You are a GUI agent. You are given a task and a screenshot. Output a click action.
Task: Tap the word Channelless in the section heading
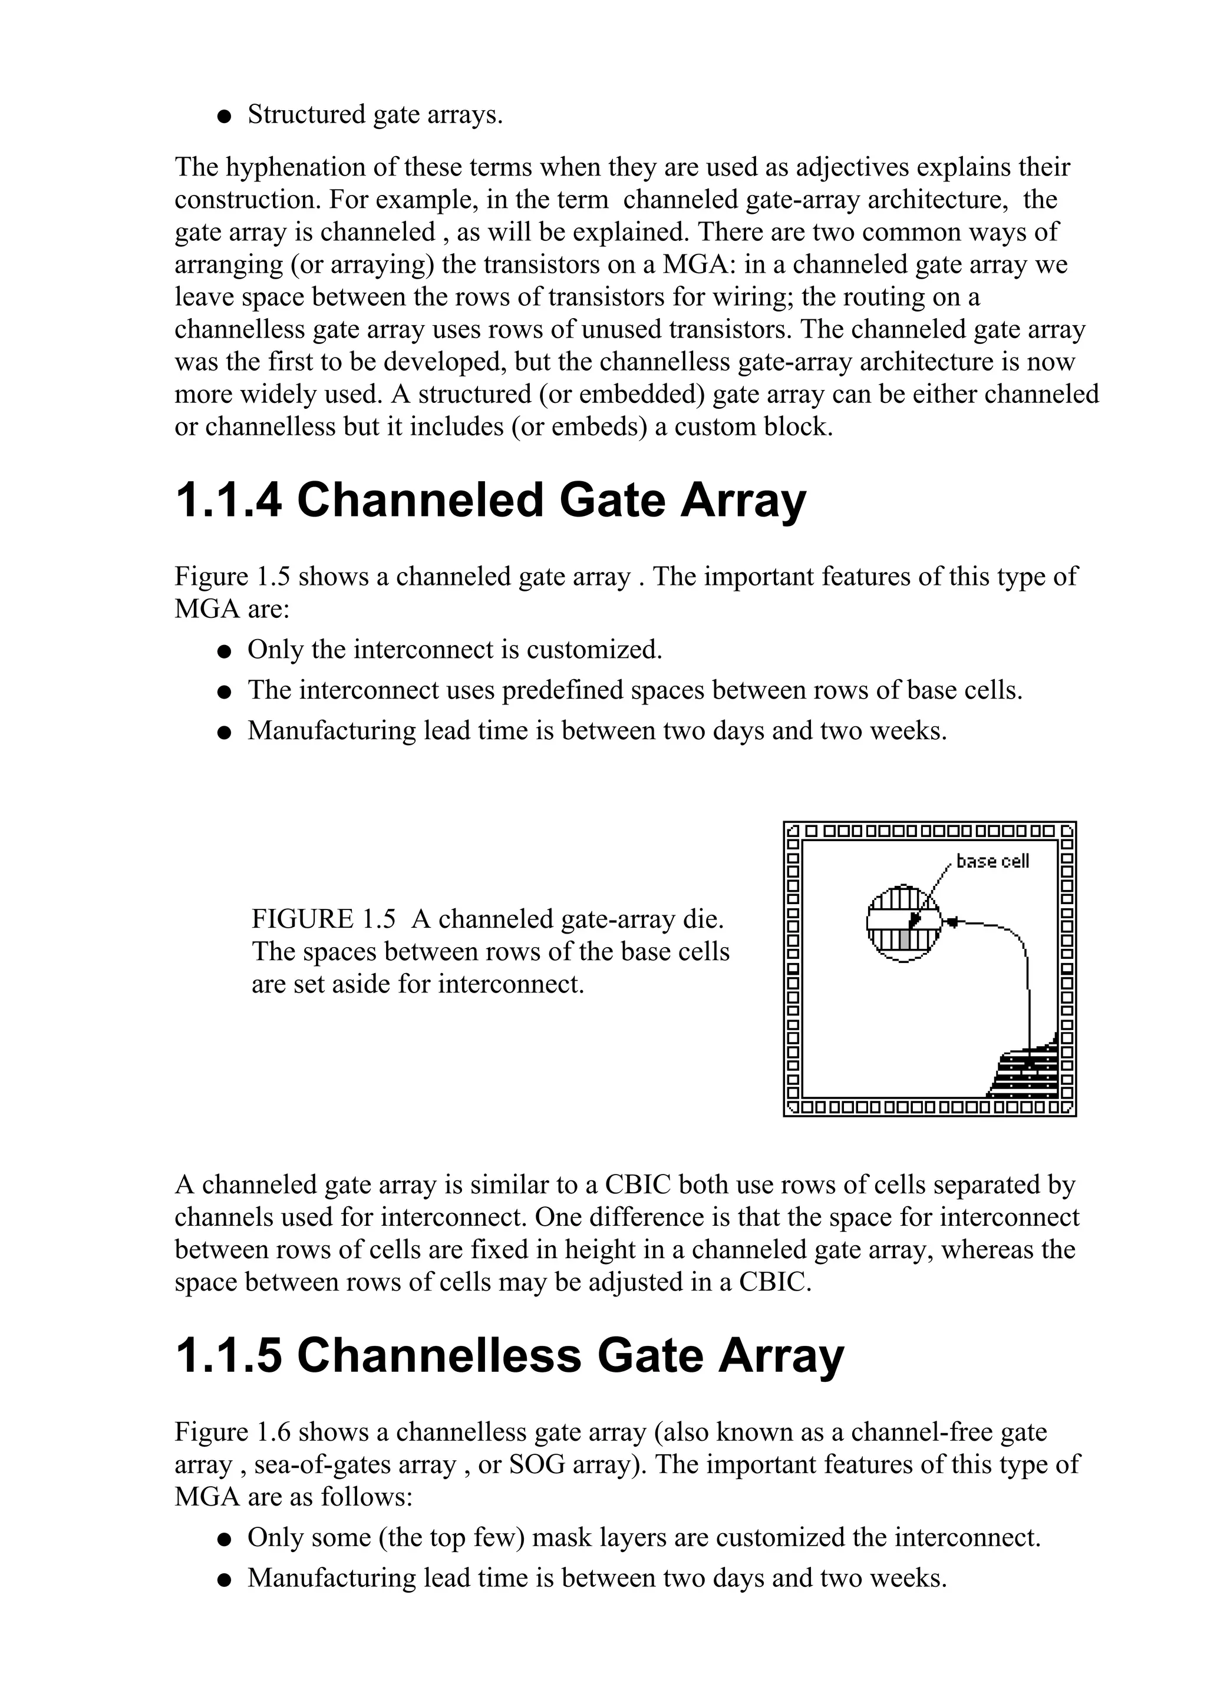tap(438, 1355)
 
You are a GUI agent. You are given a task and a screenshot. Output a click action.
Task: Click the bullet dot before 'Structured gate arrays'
tap(224, 117)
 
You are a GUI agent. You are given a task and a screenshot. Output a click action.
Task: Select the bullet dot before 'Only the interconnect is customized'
tap(224, 652)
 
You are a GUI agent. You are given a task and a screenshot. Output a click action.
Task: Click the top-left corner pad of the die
tap(793, 830)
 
